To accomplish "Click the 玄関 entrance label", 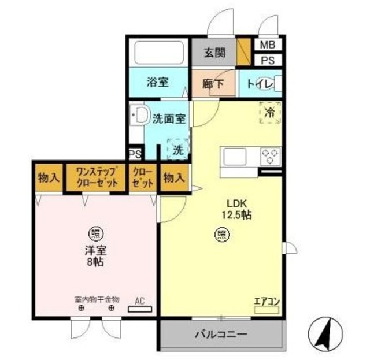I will tap(214, 53).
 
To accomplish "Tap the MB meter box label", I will tap(267, 44).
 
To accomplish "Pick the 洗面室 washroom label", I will tap(169, 119).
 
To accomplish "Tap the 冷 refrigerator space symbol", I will tap(269, 113).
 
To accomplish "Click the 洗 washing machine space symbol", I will tap(178, 149).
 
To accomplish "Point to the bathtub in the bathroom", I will tap(158, 54).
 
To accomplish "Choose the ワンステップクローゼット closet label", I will tap(96, 177).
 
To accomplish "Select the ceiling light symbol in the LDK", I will tap(221, 233).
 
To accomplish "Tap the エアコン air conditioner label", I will tap(267, 300).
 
